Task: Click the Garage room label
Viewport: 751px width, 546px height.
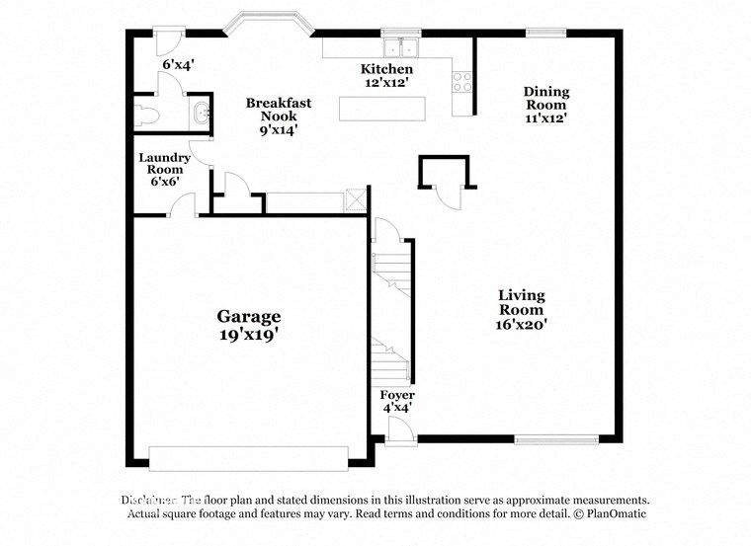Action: [x=249, y=325]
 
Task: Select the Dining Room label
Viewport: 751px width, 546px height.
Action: [x=545, y=104]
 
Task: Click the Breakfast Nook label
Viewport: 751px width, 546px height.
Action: [x=279, y=116]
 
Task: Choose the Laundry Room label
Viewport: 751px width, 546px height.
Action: [x=164, y=169]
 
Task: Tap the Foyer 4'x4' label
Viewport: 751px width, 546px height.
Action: [x=397, y=401]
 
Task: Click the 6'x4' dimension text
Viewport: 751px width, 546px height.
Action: [x=178, y=65]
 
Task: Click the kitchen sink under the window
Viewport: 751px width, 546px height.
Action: [x=401, y=46]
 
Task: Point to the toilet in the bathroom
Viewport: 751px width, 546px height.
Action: [x=146, y=115]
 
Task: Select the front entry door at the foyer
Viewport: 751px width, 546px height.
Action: [x=399, y=430]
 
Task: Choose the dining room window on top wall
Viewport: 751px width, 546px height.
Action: [x=539, y=32]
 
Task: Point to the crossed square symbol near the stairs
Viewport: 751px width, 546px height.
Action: [x=354, y=198]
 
